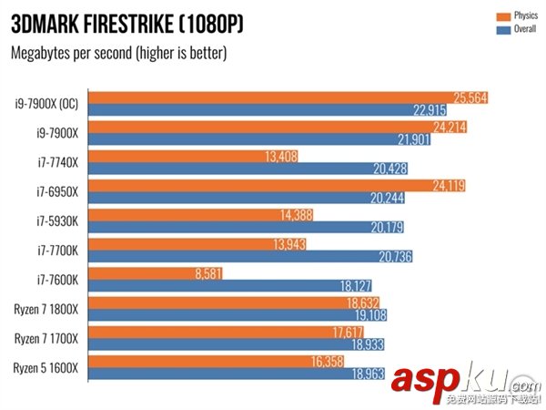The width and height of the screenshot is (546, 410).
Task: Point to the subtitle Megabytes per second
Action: coord(118,52)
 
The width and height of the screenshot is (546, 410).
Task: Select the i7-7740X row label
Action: coord(58,162)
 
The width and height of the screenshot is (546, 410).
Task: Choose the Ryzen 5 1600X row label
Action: coord(46,368)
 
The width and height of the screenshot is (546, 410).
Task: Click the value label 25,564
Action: coord(470,97)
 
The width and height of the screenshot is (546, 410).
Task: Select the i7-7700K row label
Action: coord(58,251)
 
